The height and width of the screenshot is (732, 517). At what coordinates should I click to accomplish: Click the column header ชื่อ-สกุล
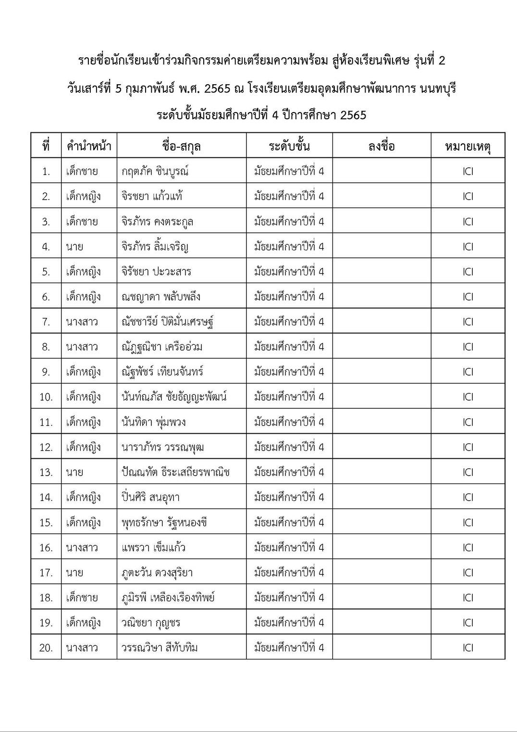click(181, 146)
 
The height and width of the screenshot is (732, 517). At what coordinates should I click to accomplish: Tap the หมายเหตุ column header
click(468, 146)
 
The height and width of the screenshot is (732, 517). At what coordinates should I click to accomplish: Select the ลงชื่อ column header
click(382, 146)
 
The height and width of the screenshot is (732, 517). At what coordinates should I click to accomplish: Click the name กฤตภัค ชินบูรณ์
click(155, 171)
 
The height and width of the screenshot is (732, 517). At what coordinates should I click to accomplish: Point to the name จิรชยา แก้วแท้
click(152, 196)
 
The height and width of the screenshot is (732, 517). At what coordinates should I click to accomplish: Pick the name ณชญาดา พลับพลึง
click(160, 297)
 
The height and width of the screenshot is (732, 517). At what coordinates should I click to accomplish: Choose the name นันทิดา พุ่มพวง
click(153, 422)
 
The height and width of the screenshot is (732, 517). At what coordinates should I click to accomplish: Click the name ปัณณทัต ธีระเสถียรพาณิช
click(175, 472)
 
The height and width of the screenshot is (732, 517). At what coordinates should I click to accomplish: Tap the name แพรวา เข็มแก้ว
click(153, 547)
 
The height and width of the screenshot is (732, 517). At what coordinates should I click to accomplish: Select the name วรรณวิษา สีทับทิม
click(160, 648)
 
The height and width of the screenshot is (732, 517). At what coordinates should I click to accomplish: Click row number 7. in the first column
click(46, 322)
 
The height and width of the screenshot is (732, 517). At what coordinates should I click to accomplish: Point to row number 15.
click(46, 522)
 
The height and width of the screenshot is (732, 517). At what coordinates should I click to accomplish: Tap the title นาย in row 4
click(74, 247)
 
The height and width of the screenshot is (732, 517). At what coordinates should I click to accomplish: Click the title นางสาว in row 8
click(82, 347)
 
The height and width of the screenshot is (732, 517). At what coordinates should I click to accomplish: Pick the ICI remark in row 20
click(468, 648)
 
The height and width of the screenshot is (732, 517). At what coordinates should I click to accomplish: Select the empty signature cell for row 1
click(382, 171)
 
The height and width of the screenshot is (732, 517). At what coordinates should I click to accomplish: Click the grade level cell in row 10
click(289, 397)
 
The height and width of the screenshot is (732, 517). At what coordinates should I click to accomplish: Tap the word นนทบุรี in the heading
click(437, 88)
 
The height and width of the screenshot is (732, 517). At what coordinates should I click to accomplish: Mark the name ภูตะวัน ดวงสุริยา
click(157, 572)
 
